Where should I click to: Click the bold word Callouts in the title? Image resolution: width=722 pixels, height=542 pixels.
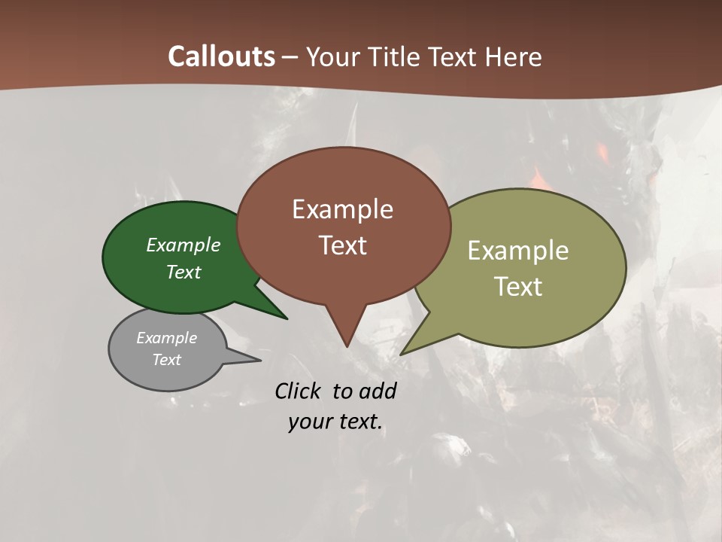(221, 56)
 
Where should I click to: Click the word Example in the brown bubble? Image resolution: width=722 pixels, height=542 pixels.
(342, 209)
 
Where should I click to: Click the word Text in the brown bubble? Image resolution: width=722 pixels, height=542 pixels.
(342, 245)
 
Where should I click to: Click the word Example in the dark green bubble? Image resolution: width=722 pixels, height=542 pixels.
(184, 245)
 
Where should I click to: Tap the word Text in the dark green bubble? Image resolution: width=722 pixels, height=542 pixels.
(184, 273)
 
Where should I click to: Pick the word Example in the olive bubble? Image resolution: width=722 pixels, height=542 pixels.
(518, 251)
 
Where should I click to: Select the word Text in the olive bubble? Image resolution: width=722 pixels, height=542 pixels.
(518, 287)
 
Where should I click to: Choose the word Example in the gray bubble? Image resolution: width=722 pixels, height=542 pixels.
(166, 339)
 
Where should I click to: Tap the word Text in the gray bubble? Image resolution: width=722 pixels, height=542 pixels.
(166, 360)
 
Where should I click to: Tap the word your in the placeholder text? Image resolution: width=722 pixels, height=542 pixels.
(308, 422)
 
